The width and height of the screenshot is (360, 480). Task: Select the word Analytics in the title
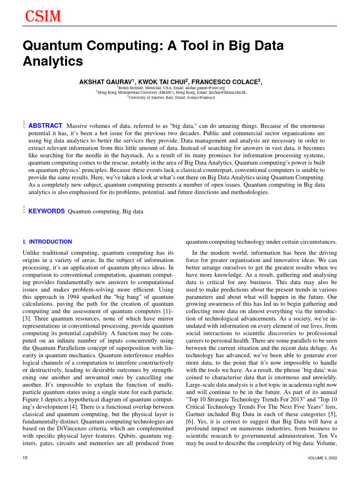click(53, 61)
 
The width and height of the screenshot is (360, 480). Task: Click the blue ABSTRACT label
click(45, 126)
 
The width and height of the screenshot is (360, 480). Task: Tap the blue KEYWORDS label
click(46, 211)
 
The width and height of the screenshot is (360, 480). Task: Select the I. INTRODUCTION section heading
click(47, 242)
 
